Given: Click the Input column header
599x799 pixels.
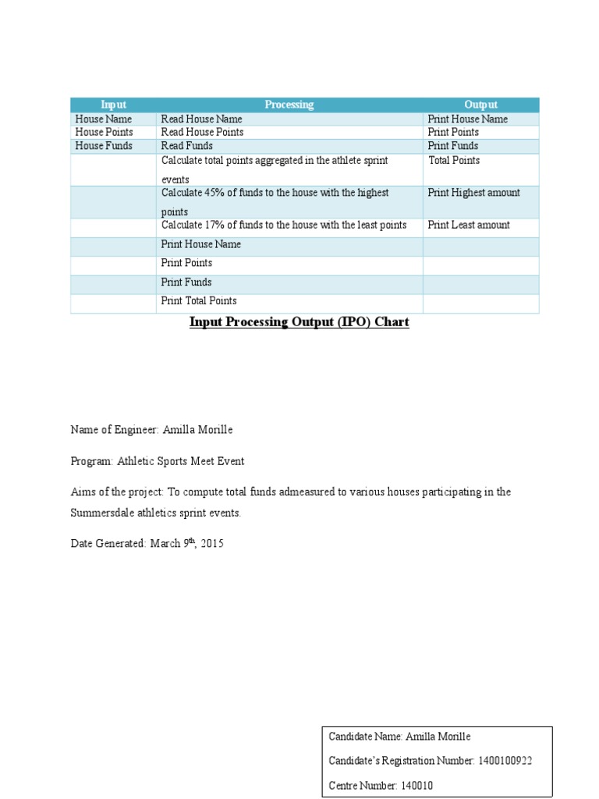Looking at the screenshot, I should click(113, 105).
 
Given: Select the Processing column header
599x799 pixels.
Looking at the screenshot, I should click(289, 105).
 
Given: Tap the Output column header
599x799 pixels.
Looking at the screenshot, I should click(480, 105).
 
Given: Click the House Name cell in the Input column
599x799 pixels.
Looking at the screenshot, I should click(104, 119).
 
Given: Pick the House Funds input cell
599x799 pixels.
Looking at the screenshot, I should click(104, 146).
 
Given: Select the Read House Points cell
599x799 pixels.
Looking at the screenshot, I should click(202, 133).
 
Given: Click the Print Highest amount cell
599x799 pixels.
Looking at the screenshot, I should click(473, 193).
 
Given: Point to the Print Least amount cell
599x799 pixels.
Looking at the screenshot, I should click(469, 225).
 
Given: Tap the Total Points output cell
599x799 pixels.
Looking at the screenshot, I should click(454, 161).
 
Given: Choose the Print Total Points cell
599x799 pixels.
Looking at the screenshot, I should click(199, 301).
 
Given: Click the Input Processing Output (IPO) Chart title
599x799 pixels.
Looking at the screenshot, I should click(299, 322).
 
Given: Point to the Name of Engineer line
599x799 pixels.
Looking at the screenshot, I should click(151, 430).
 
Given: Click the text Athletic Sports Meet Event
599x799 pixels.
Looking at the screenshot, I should click(180, 461).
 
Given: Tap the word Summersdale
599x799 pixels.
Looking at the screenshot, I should click(104, 513).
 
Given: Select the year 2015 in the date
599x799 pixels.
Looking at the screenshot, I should click(212, 544).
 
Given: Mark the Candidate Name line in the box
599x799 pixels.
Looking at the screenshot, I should click(399, 737).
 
